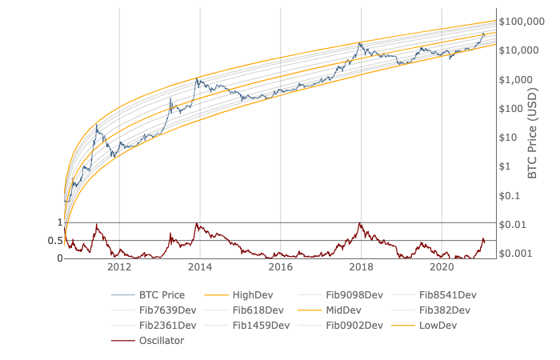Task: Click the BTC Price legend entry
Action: pyautogui.click(x=162, y=294)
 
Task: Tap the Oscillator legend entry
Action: pyautogui.click(x=161, y=340)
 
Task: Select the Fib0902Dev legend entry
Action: pyautogui.click(x=354, y=325)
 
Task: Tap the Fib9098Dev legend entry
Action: pyautogui.click(x=354, y=294)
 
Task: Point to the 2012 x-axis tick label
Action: pyautogui.click(x=119, y=266)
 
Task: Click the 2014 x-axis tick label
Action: pyautogui.click(x=200, y=266)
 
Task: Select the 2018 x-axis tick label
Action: pyautogui.click(x=362, y=266)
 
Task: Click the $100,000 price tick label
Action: pyautogui.click(x=522, y=22)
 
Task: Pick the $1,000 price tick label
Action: pyautogui.click(x=516, y=79)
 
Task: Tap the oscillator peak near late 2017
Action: pyautogui.click(x=360, y=223)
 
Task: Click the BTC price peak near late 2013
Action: pyautogui.click(x=197, y=78)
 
